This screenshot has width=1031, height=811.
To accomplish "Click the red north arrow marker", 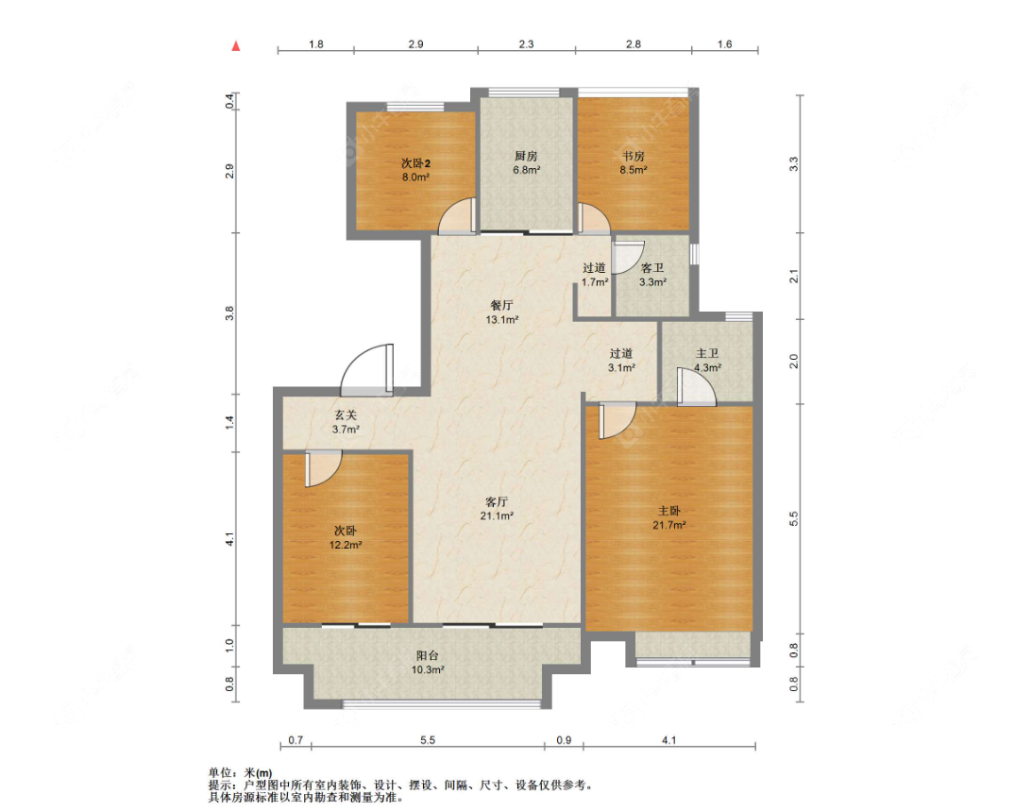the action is tap(236, 46).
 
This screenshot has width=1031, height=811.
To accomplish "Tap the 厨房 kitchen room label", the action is tap(526, 156).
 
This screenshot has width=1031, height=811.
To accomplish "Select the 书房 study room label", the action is tap(634, 156).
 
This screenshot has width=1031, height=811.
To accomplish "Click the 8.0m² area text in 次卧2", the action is tap(415, 177).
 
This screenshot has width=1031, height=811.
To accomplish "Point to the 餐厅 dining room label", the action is tap(501, 305).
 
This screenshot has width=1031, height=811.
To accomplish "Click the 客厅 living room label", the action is tap(497, 502).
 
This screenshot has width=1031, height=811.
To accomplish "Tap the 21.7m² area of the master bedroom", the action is tap(669, 525).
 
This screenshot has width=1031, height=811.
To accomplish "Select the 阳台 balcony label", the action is tap(428, 655).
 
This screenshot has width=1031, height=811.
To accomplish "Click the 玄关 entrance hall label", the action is tap(346, 415).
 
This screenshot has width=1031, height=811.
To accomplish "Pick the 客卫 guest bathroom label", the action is tap(652, 268).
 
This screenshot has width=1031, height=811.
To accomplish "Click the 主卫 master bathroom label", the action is tap(707, 353).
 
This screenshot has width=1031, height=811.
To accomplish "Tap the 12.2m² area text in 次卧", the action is tap(346, 546).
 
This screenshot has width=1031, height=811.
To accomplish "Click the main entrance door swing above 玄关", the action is tap(366, 370).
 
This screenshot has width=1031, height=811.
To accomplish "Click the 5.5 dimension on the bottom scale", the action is tap(428, 740).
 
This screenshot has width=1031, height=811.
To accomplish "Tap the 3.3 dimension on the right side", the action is tap(794, 163).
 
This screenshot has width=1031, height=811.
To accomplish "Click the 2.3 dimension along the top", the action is tap(526, 44).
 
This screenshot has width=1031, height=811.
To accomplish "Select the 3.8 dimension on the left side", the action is tap(229, 313).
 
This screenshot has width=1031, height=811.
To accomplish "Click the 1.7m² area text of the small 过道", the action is tap(595, 282).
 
